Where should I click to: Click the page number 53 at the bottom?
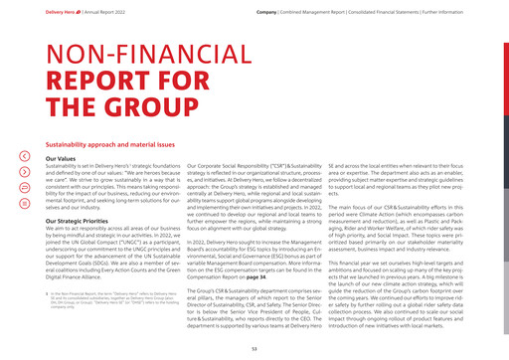pos(254,348)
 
